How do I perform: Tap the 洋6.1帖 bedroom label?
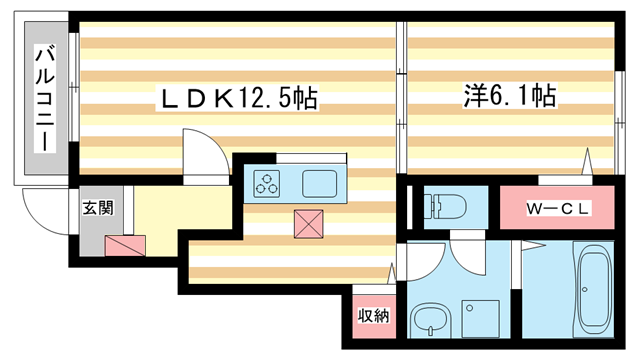509,96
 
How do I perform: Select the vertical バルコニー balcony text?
44,100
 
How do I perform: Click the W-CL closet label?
559,208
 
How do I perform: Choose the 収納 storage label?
374,316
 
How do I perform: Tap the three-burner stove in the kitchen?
268,183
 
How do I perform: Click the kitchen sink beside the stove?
321,183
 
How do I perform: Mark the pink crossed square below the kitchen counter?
308,224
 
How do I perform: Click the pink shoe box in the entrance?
125,244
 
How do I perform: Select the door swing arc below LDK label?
199,151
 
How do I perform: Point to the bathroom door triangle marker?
522,246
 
